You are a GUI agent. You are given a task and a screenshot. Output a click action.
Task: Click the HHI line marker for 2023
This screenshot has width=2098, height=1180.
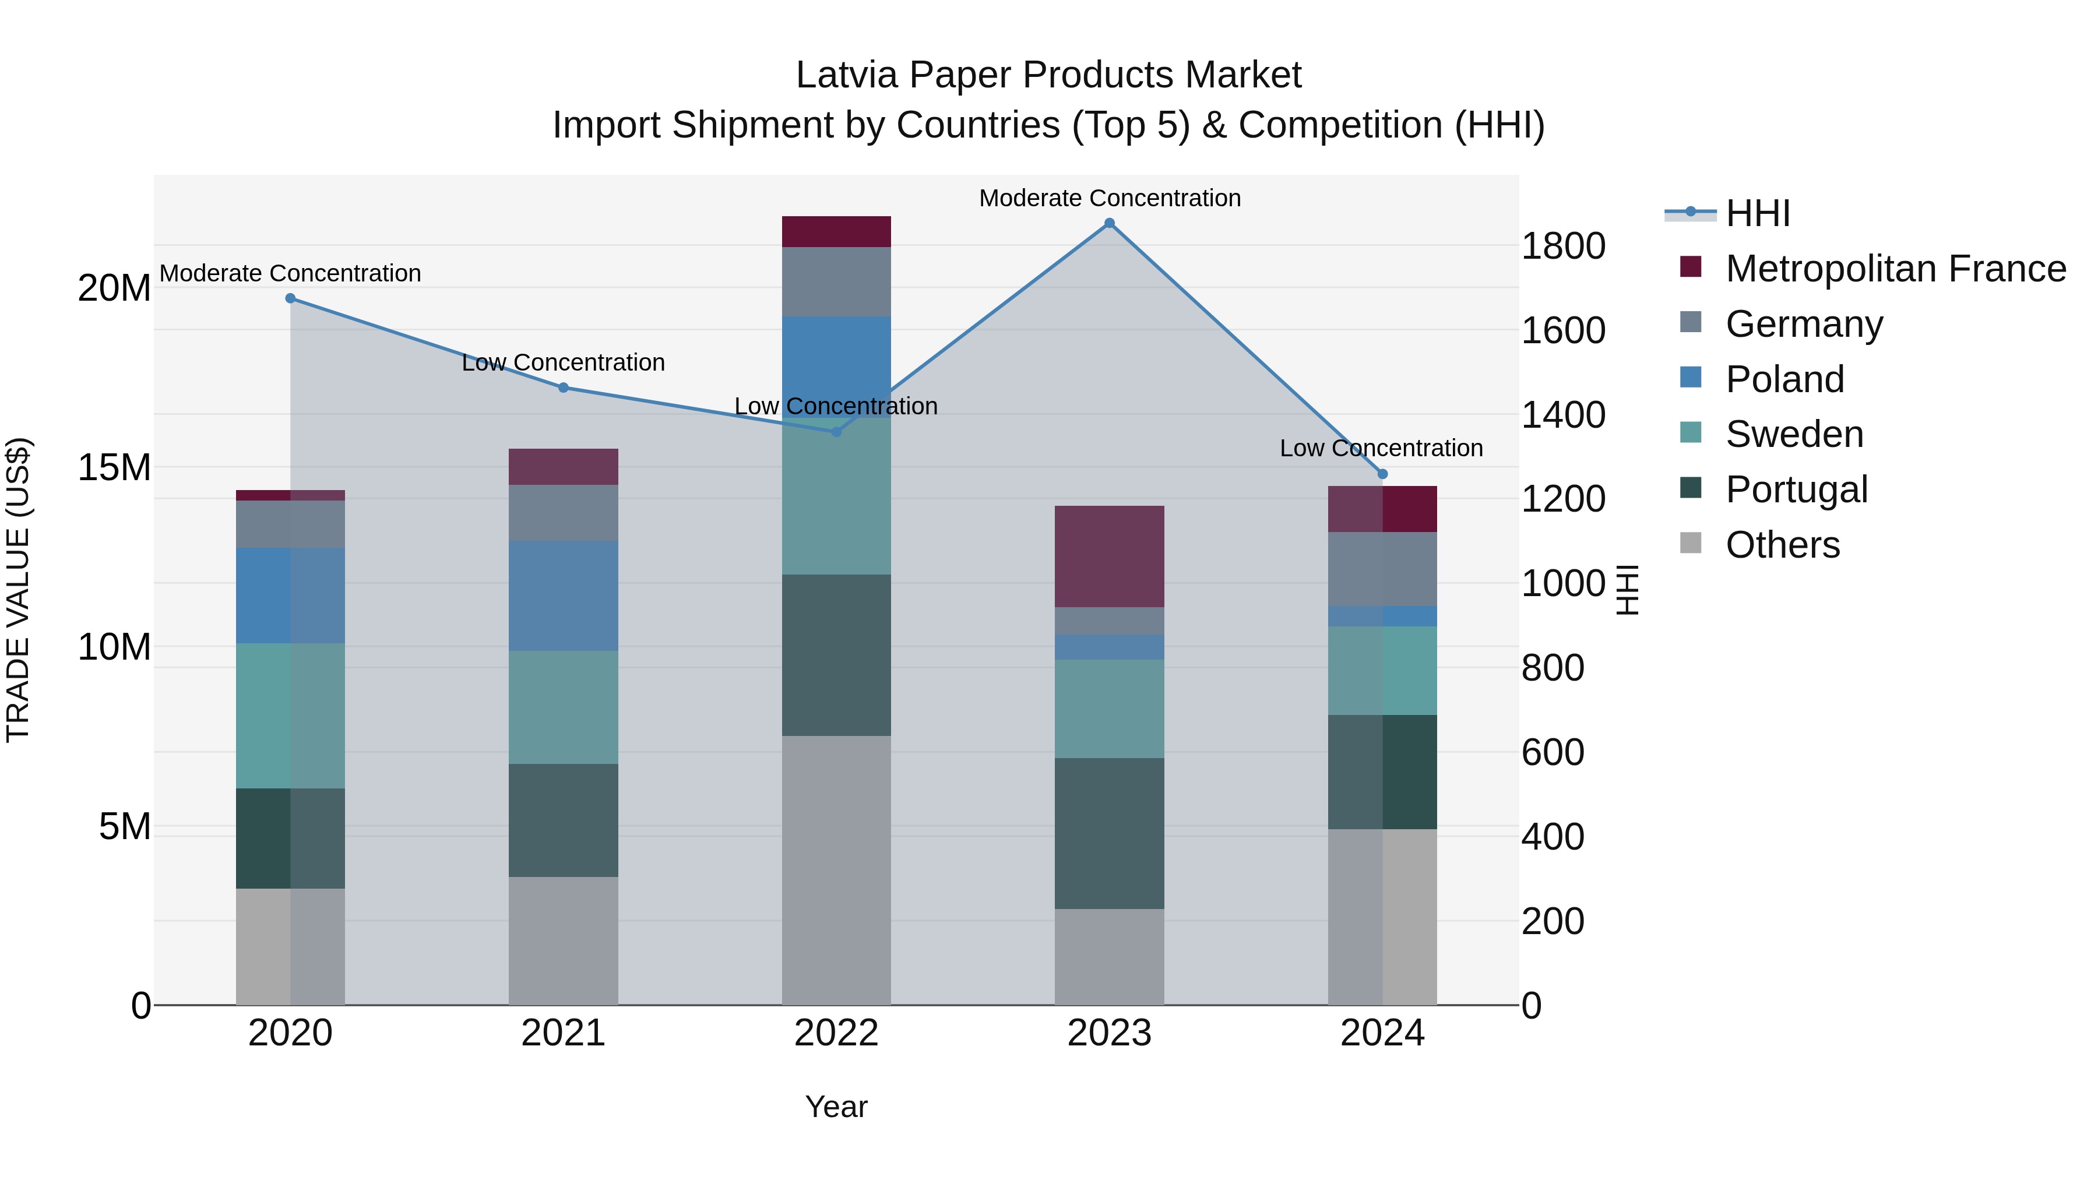1109,223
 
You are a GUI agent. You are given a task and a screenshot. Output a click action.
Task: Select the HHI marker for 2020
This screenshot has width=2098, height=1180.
291,299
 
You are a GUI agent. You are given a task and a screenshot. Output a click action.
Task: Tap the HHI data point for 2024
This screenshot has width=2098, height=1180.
1382,474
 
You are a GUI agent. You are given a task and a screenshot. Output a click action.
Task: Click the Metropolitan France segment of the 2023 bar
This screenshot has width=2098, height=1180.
1109,556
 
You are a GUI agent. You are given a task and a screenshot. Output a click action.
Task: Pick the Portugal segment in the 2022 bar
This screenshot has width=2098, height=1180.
836,655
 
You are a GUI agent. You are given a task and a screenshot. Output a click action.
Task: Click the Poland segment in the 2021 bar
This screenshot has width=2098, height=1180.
564,596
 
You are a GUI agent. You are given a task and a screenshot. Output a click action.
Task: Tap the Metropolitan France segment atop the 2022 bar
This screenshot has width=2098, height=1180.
836,231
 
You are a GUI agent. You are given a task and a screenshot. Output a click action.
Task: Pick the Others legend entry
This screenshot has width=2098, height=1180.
1782,545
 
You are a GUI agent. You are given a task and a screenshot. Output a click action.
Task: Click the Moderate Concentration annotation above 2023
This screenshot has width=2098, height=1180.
1109,198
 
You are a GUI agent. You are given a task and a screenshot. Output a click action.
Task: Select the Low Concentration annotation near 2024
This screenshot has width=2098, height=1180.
1381,448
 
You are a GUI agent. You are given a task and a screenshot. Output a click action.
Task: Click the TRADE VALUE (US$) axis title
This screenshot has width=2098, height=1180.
18,590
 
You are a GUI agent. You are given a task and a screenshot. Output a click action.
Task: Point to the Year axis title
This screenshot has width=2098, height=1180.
836,1107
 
